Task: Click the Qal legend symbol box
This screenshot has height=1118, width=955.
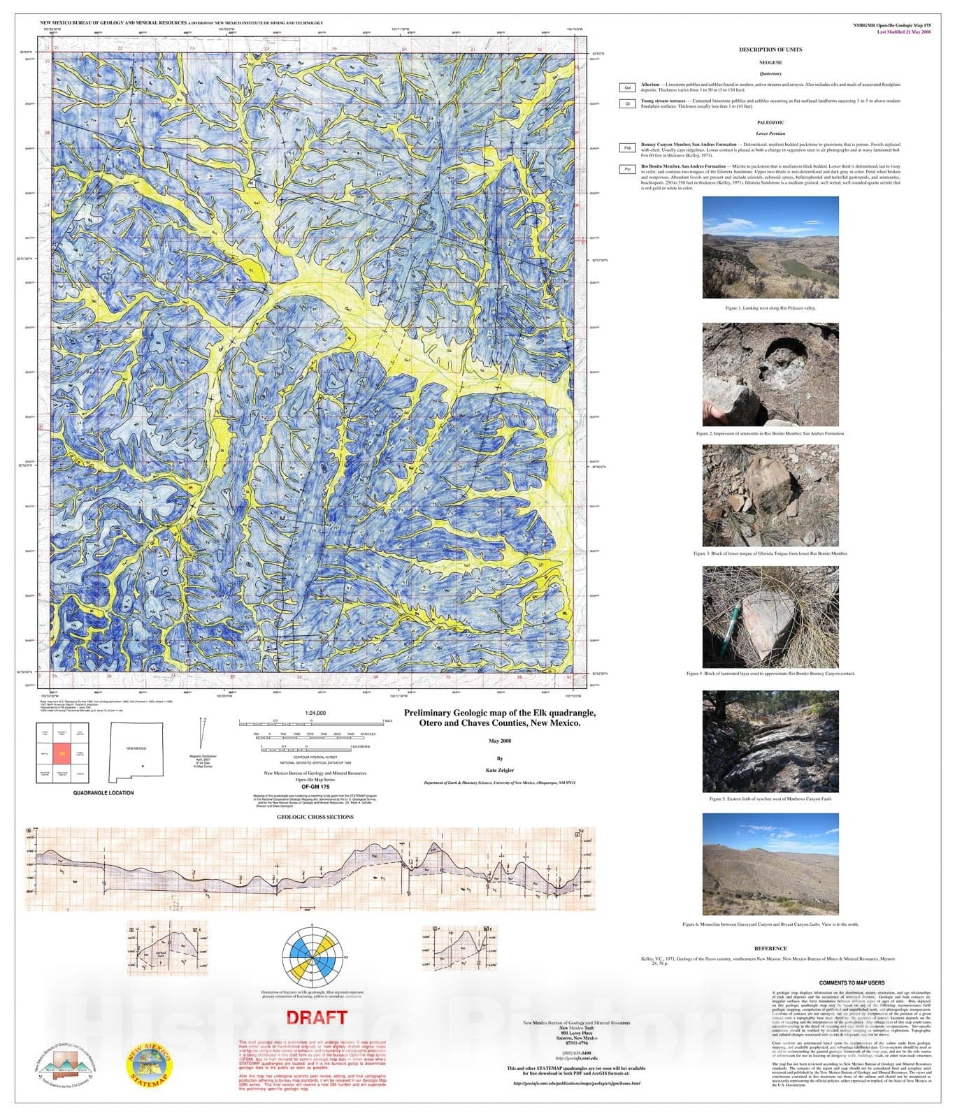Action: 627,87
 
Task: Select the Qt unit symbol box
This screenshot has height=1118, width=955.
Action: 627,103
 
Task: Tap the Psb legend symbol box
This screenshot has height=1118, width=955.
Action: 627,147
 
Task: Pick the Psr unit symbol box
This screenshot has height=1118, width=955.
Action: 627,169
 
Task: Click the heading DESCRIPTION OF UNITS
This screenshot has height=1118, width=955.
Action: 770,50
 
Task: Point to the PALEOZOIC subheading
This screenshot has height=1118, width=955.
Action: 770,122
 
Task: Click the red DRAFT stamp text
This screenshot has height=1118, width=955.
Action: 317,1017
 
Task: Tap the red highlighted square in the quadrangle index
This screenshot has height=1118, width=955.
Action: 62,754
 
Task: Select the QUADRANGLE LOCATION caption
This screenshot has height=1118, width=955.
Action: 103,793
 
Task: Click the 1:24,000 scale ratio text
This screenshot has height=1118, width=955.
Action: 315,713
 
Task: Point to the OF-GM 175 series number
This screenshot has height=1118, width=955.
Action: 315,787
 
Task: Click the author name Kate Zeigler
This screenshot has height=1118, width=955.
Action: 499,771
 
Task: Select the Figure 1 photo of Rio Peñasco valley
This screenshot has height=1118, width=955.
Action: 770,248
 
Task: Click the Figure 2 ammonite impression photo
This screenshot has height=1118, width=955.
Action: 770,375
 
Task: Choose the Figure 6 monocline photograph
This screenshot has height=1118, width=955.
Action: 770,864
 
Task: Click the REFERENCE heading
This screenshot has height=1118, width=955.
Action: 770,948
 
